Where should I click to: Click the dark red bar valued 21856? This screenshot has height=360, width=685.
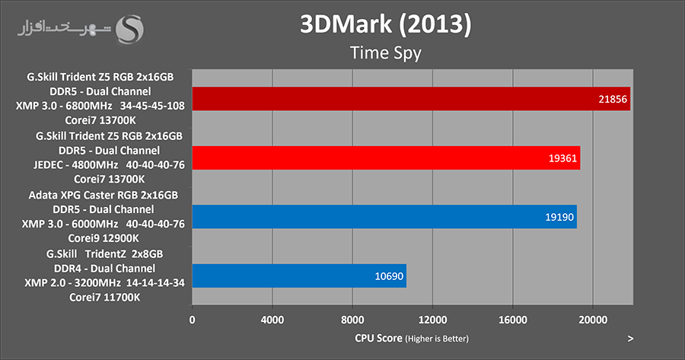pyautogui.click(x=411, y=99)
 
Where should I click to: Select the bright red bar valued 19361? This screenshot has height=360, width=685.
pyautogui.click(x=386, y=158)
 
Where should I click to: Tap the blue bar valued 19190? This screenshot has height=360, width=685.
pyautogui.click(x=384, y=216)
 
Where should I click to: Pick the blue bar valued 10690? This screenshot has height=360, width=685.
pyautogui.click(x=299, y=275)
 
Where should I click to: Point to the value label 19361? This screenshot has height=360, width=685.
pyautogui.click(x=562, y=158)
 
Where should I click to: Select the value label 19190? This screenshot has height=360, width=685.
pyautogui.click(x=559, y=217)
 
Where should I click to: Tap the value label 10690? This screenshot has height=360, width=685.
pyautogui.click(x=388, y=276)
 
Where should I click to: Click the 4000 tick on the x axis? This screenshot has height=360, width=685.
pyautogui.click(x=272, y=319)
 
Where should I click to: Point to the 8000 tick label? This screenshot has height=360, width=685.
pyautogui.click(x=352, y=319)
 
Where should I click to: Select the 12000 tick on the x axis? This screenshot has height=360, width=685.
pyautogui.click(x=432, y=319)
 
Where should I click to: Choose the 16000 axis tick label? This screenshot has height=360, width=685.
pyautogui.click(x=511, y=319)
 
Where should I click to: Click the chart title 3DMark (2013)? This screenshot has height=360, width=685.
pyautogui.click(x=384, y=24)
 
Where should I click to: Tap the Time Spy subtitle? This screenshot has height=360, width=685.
pyautogui.click(x=385, y=53)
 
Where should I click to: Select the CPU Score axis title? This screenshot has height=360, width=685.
pyautogui.click(x=411, y=337)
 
